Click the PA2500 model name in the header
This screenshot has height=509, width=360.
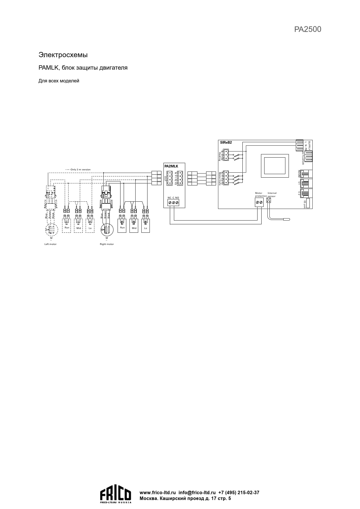(307, 29)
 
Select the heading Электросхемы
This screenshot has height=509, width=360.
(63, 55)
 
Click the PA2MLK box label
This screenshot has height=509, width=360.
(171, 166)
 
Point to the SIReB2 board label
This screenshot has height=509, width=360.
(226, 142)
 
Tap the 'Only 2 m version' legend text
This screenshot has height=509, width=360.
(80, 169)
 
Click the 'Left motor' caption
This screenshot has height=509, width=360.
(51, 244)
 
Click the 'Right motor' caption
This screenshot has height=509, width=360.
(107, 244)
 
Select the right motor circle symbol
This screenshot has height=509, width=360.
(107, 230)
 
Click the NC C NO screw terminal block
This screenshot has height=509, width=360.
(173, 202)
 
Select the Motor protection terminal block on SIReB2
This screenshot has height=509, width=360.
(259, 202)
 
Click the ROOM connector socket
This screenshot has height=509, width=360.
(306, 174)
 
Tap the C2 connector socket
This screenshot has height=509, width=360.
(306, 193)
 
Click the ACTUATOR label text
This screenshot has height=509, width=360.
(303, 158)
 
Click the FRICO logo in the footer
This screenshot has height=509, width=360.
(116, 495)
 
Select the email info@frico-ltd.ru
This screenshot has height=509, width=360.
(197, 492)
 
